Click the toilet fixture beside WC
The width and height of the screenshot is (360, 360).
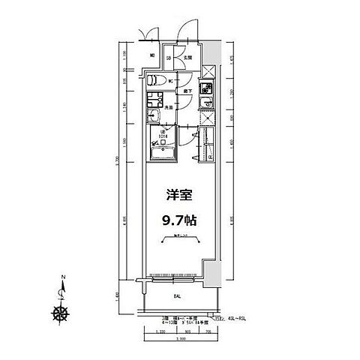click(x=153, y=79)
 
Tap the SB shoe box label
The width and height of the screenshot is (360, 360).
click(x=169, y=58)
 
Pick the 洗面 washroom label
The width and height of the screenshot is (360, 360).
click(x=169, y=108)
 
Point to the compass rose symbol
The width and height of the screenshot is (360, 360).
click(x=58, y=313)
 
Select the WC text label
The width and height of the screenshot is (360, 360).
click(x=172, y=79)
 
